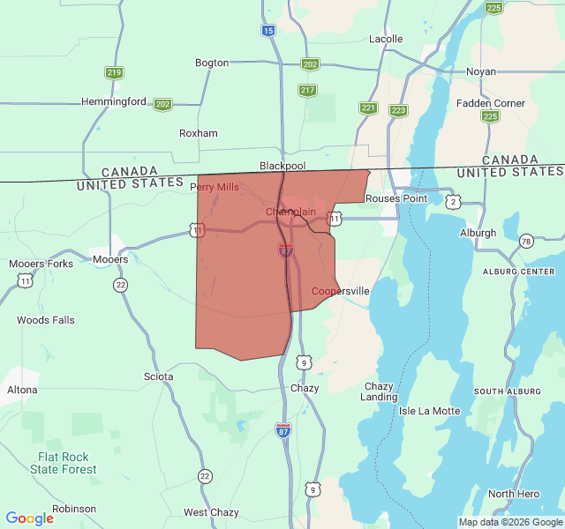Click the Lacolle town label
[386, 39]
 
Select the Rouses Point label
[396, 198]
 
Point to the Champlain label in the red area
[290, 212]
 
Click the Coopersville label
[341, 291]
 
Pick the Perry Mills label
[215, 187]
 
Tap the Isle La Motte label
[430, 411]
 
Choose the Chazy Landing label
[379, 391]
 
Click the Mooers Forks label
[41, 264]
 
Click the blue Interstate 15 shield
[268, 30]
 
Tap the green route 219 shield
[114, 73]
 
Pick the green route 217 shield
[307, 90]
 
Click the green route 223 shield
[398, 110]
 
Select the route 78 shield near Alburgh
[526, 242]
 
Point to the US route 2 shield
[454, 202]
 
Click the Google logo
[29, 518]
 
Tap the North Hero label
[514, 494]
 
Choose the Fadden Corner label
[491, 103]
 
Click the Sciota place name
[158, 376]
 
